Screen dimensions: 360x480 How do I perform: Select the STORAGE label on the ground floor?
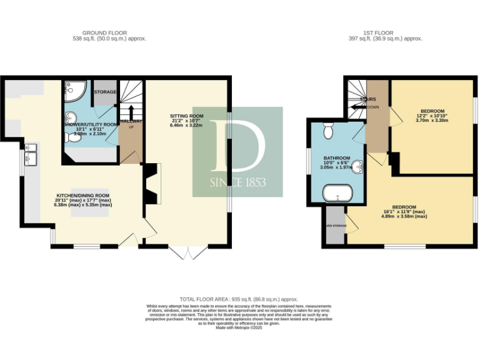click(x=105, y=92)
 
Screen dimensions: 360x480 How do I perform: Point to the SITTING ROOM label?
click(x=187, y=116)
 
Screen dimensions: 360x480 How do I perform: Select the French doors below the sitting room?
click(x=189, y=252)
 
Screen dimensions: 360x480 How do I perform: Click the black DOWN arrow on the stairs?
click(x=358, y=107)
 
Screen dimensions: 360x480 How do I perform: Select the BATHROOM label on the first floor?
click(x=337, y=158)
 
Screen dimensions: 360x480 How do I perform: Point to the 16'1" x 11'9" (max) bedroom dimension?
click(x=405, y=211)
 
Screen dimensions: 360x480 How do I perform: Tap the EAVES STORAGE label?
click(x=336, y=226)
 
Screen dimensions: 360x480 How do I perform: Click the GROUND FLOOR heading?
click(x=104, y=32)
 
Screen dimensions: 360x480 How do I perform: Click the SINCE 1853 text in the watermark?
click(x=237, y=182)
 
